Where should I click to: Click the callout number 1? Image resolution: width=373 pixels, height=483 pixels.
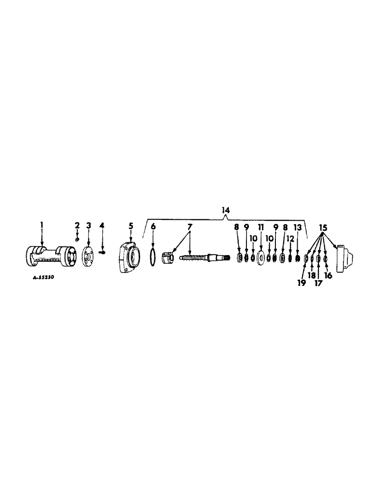42,225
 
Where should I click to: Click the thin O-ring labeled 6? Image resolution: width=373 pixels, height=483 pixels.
153,259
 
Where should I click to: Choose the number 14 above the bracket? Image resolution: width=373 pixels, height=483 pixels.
226,211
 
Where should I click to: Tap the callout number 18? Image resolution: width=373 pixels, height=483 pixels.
312,276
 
